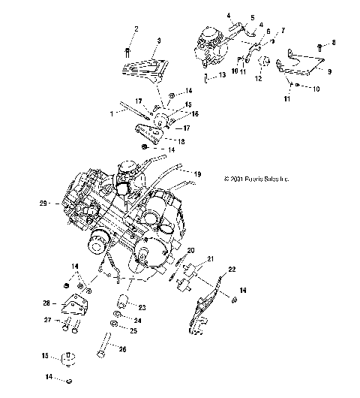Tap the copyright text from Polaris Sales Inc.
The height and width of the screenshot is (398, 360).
pos(286,179)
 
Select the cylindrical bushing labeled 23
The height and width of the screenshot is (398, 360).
pos(120,303)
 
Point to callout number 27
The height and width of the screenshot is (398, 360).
pos(46,320)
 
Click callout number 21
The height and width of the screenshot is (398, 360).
pos(210,259)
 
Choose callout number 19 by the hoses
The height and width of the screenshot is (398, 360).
pos(197,173)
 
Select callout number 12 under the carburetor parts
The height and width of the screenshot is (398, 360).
pos(259,77)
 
